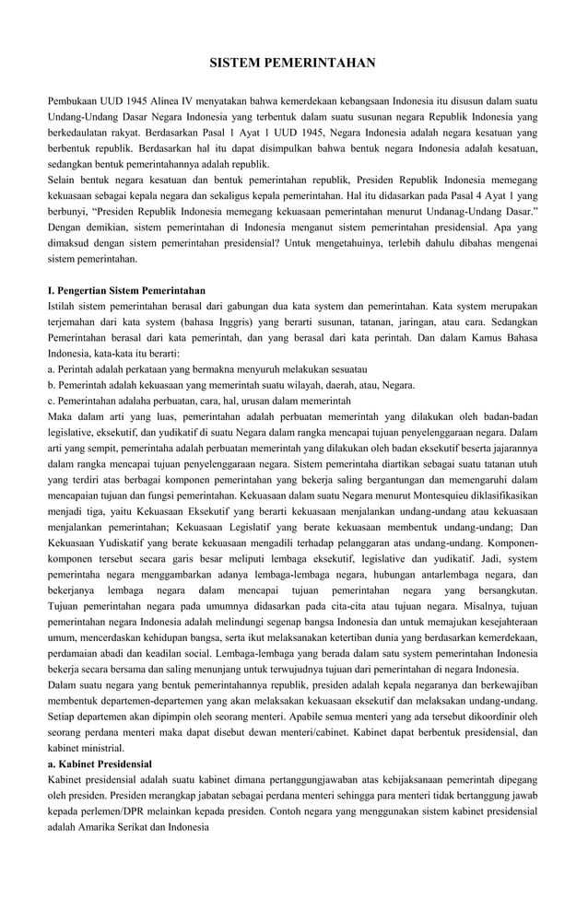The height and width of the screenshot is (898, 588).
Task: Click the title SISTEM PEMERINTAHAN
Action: pos(293,64)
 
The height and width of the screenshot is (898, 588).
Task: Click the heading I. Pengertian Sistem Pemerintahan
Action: pos(126,290)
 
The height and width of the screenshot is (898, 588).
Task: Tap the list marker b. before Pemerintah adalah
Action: pos(52,385)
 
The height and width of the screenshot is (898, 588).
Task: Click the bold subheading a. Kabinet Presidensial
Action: pos(100,764)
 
